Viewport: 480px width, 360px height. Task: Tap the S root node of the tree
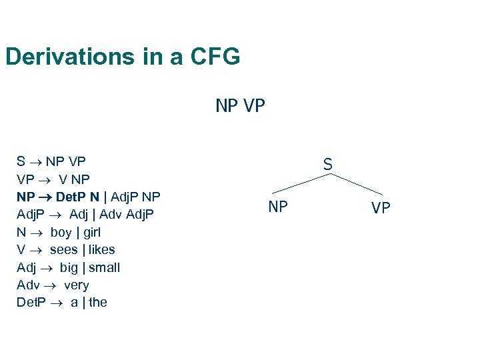click(328, 163)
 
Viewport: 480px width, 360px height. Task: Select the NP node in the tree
click(278, 207)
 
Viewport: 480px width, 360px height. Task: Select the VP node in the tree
click(381, 209)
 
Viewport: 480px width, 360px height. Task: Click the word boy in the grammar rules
click(61, 233)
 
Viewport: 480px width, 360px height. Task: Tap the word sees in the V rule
click(64, 250)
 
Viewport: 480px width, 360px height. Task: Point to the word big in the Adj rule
click(69, 268)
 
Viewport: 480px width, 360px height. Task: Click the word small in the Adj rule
click(105, 268)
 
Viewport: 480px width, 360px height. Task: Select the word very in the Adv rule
click(76, 285)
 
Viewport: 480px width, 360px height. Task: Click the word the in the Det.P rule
click(98, 303)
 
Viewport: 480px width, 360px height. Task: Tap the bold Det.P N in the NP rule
click(78, 197)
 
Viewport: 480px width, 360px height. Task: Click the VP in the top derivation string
click(254, 106)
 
